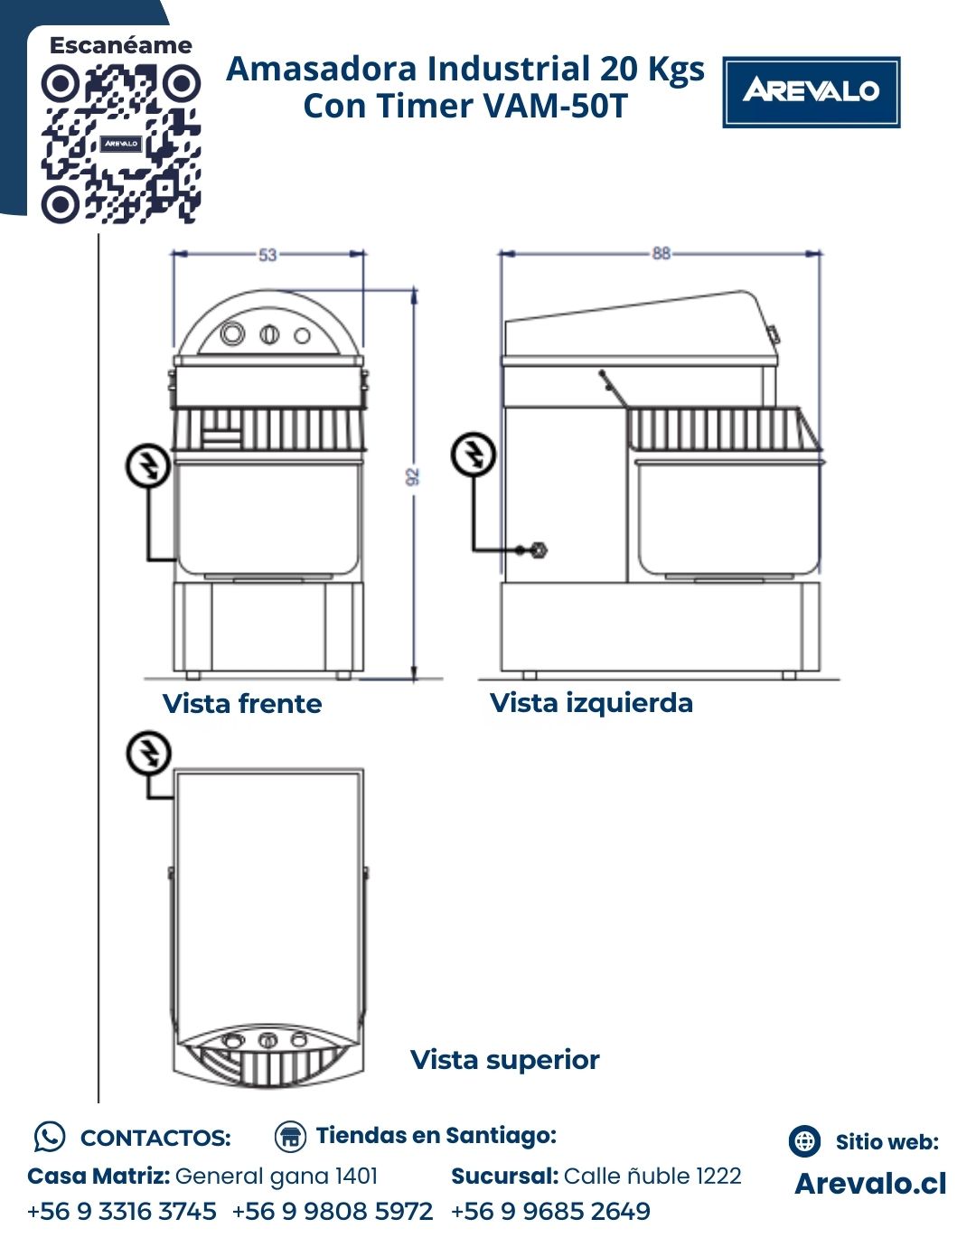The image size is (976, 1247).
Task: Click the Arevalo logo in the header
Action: pos(811,92)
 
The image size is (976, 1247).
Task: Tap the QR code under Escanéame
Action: pos(121,144)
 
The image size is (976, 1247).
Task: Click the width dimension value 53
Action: pos(267,255)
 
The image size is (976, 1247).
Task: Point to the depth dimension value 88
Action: pos(661,254)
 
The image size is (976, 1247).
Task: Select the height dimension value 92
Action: pos(413,476)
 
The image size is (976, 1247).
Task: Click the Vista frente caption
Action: pos(242,704)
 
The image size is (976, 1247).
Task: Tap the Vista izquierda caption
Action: pos(591,703)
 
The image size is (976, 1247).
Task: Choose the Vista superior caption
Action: pos(505,1059)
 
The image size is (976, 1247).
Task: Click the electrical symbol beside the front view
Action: pos(148,466)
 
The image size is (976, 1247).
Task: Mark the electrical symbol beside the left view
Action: pos(474,455)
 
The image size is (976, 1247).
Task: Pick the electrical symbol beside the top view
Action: pos(148,753)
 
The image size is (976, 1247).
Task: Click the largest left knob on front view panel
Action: pos(232,333)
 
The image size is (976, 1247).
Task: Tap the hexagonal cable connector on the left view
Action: pos(539,549)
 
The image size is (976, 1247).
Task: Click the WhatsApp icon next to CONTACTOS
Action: pos(50,1138)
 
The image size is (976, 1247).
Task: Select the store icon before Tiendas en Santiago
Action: pos(290,1136)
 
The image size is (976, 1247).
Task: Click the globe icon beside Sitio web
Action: pos(804,1141)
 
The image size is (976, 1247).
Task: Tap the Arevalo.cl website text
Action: pos(870,1184)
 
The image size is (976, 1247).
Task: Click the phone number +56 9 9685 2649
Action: pos(551,1212)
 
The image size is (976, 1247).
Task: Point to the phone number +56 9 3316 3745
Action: pos(122,1212)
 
